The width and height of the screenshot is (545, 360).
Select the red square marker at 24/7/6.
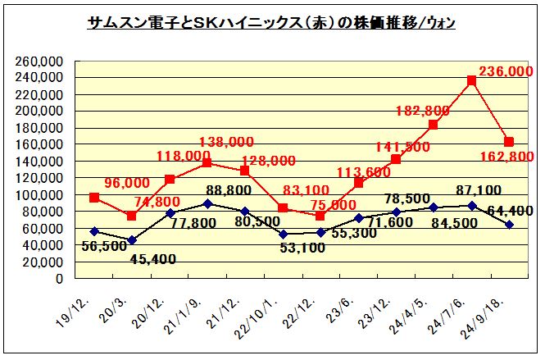coord(471,80)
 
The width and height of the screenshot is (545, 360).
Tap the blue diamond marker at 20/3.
coord(132,240)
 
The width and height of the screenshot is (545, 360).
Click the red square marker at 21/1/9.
coord(207,162)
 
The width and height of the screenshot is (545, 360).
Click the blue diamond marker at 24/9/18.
coord(509,225)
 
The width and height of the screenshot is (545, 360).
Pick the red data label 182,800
coord(423,111)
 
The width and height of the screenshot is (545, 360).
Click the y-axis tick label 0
coord(59,279)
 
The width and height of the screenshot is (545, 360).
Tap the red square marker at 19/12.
coord(94,198)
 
